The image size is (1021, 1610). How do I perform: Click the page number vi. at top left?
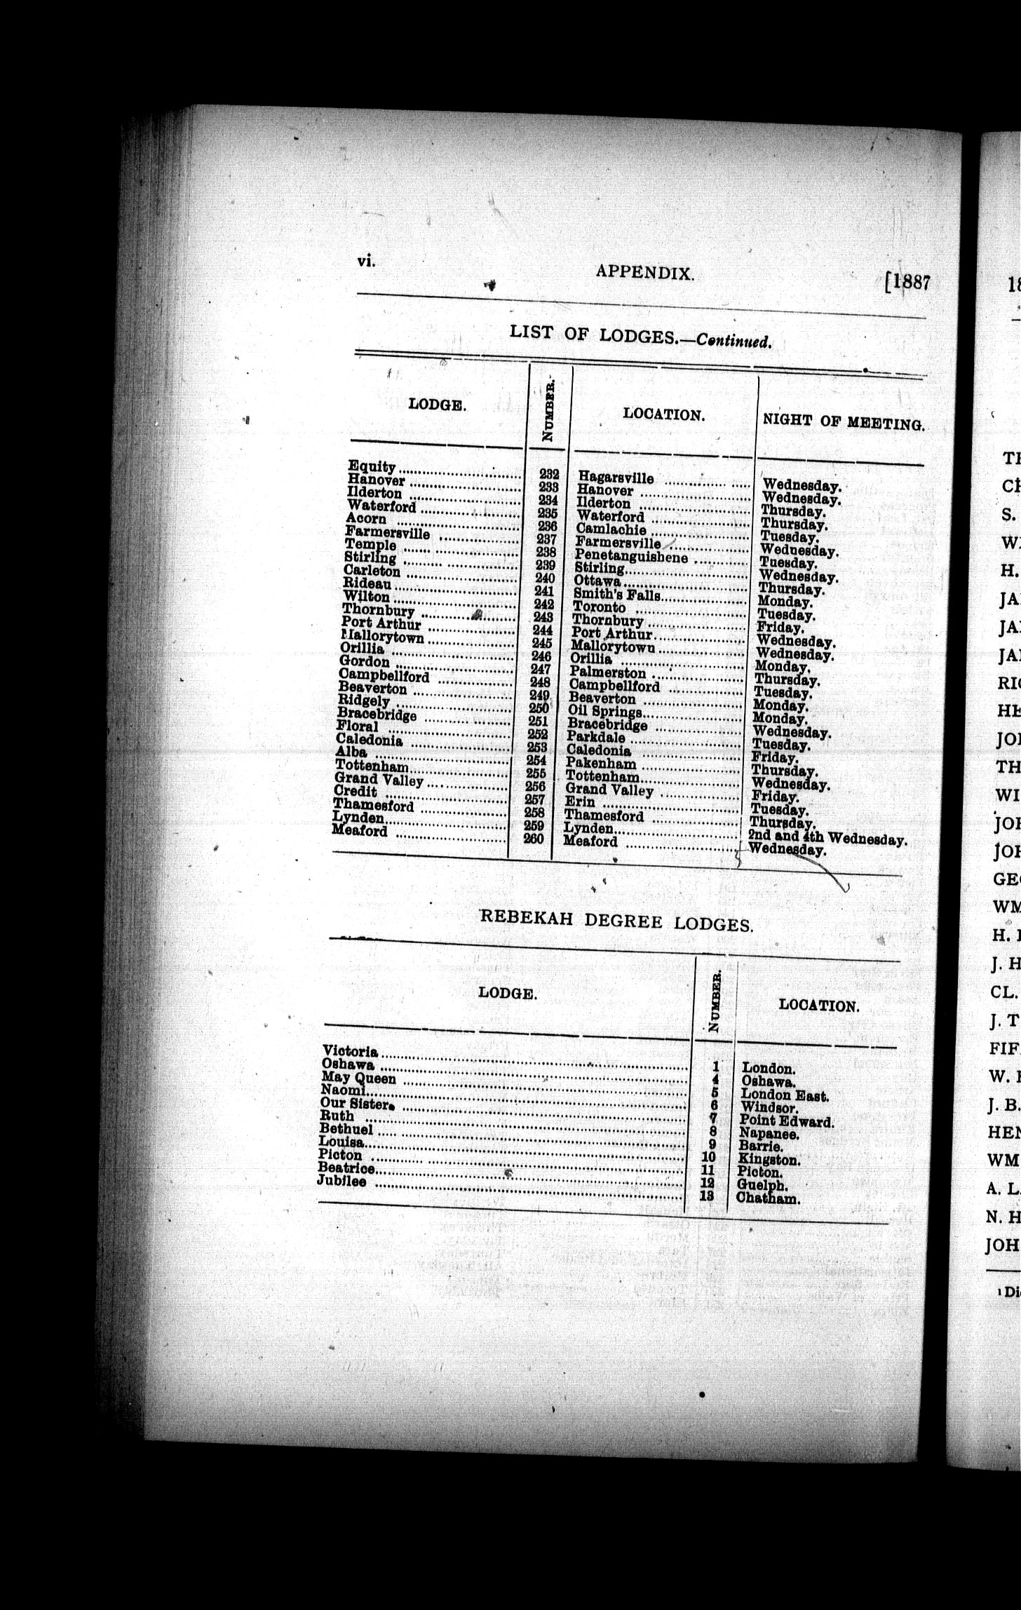tap(366, 261)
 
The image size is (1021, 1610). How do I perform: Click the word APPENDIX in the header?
tap(644, 273)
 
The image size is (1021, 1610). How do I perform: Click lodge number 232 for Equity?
tap(549, 475)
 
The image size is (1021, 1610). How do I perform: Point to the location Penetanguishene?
tap(631, 557)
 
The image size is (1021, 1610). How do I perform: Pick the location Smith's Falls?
tap(617, 595)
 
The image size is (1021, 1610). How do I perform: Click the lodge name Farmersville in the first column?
tap(387, 532)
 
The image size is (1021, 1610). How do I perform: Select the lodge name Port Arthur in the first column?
tap(381, 623)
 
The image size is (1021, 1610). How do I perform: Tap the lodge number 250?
tap(539, 708)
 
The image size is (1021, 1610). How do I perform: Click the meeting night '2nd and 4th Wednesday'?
tap(827, 837)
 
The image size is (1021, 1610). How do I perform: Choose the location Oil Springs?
tap(604, 712)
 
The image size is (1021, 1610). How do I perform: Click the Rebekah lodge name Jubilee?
tap(342, 1181)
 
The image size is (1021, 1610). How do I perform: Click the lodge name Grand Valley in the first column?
tap(379, 779)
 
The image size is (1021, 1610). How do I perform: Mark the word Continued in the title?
tap(733, 341)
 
